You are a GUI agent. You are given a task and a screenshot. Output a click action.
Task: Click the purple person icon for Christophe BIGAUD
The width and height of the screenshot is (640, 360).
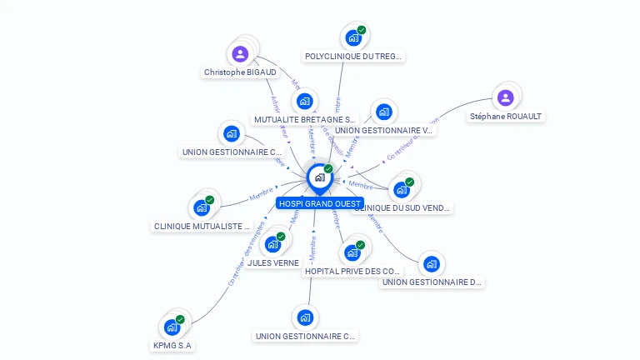click(x=240, y=54)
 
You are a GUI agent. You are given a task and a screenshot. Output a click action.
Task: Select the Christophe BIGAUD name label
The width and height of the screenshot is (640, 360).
click(x=240, y=72)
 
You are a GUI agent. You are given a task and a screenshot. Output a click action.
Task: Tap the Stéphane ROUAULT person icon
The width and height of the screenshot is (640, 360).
click(x=505, y=97)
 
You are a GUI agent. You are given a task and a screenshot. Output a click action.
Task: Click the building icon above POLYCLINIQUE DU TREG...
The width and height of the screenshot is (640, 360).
click(x=353, y=37)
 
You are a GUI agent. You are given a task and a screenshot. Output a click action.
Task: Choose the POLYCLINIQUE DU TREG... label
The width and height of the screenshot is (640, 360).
click(x=353, y=57)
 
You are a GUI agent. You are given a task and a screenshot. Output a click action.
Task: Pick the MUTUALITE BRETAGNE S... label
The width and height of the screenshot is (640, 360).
click(x=305, y=120)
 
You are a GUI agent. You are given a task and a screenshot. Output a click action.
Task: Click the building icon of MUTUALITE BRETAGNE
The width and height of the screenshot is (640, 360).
click(x=304, y=102)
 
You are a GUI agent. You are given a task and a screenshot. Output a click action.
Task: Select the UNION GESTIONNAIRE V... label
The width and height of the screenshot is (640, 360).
click(x=384, y=130)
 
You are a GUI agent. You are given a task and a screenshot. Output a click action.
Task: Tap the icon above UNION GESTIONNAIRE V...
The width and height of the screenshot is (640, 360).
click(x=383, y=112)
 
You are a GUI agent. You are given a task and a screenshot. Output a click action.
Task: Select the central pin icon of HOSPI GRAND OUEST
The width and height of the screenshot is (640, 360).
click(x=319, y=177)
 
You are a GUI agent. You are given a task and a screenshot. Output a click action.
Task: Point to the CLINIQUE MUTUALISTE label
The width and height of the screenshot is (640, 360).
click(x=202, y=226)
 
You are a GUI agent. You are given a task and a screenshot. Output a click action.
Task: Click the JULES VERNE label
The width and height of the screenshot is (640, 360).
click(x=273, y=262)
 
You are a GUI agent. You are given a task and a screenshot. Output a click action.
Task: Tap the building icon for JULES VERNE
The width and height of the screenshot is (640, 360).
click(x=272, y=244)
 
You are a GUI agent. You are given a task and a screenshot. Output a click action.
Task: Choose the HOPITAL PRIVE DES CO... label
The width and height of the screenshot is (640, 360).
click(x=352, y=271)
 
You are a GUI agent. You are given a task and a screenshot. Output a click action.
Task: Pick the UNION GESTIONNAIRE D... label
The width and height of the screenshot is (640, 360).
click(x=432, y=282)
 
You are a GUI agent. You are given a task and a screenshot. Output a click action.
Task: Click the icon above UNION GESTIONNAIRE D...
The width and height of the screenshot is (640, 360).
click(x=431, y=264)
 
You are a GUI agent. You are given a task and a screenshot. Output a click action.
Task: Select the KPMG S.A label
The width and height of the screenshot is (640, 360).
click(x=172, y=345)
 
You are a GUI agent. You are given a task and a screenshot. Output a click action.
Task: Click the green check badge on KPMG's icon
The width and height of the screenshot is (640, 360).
click(x=180, y=319)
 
